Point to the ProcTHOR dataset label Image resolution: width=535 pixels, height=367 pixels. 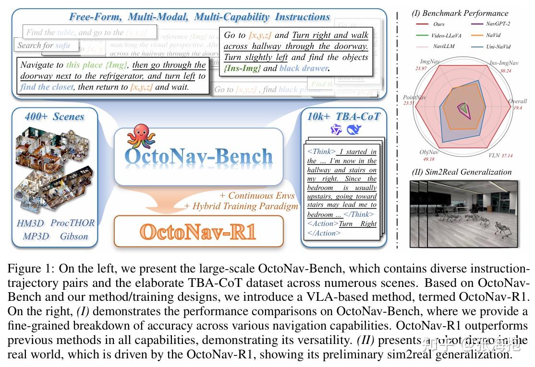point(73,223)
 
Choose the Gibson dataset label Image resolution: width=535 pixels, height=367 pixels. point(73,236)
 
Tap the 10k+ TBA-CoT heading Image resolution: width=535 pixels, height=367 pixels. point(343,117)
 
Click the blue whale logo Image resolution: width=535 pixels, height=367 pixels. point(354,130)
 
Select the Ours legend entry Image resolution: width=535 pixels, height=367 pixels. point(438,24)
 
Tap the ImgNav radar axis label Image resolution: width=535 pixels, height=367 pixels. point(429,62)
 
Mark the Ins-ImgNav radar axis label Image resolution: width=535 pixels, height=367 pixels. point(504,63)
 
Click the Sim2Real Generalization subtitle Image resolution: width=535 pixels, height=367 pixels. point(462,172)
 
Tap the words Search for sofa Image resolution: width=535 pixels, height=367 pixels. point(44,46)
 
